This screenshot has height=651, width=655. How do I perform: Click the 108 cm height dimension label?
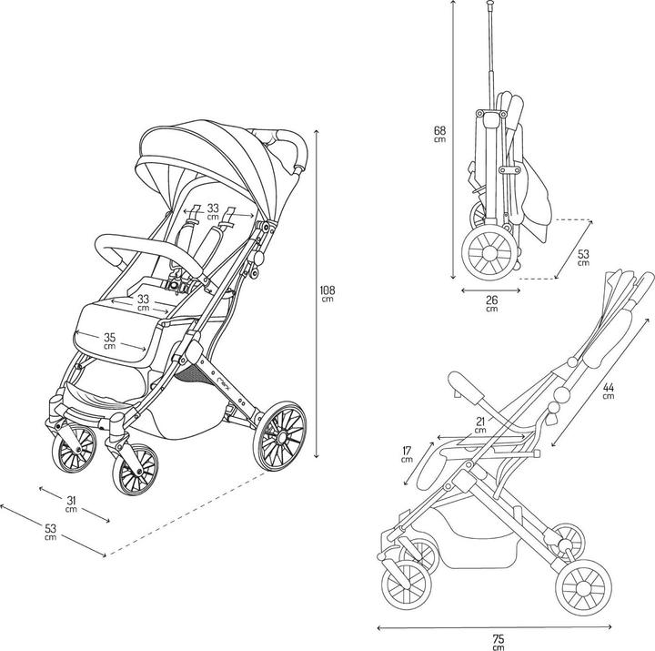point(327,294)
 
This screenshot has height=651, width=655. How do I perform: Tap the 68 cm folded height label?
point(439,133)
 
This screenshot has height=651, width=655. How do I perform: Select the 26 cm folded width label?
point(491,303)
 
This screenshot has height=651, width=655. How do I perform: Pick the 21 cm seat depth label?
point(480,423)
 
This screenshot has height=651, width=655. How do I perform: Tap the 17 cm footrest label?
point(407,453)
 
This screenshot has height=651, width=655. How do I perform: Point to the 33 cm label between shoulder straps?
point(213,212)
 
